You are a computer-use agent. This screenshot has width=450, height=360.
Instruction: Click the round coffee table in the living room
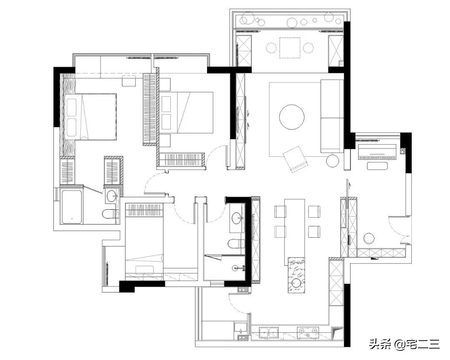click(x=292, y=117)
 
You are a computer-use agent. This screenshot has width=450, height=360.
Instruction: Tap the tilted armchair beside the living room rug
click(x=295, y=159)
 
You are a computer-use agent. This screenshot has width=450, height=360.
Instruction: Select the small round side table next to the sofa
click(x=333, y=161)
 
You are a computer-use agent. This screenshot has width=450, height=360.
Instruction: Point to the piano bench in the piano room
click(x=377, y=166)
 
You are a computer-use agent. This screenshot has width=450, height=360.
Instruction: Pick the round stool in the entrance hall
click(x=369, y=238)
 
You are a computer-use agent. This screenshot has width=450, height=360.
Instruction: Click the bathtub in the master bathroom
click(x=72, y=206)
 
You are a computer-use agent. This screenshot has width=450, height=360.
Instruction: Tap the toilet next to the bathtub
click(x=110, y=214)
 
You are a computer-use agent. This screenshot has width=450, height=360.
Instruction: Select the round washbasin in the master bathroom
click(x=112, y=195)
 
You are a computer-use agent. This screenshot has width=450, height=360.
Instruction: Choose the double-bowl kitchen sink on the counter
click(x=269, y=332)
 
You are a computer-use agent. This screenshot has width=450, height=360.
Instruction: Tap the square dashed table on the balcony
click(x=290, y=48)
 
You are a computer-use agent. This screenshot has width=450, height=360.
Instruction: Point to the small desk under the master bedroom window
click(x=129, y=81)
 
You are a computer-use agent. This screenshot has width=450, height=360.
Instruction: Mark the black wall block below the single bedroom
click(x=133, y=286)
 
